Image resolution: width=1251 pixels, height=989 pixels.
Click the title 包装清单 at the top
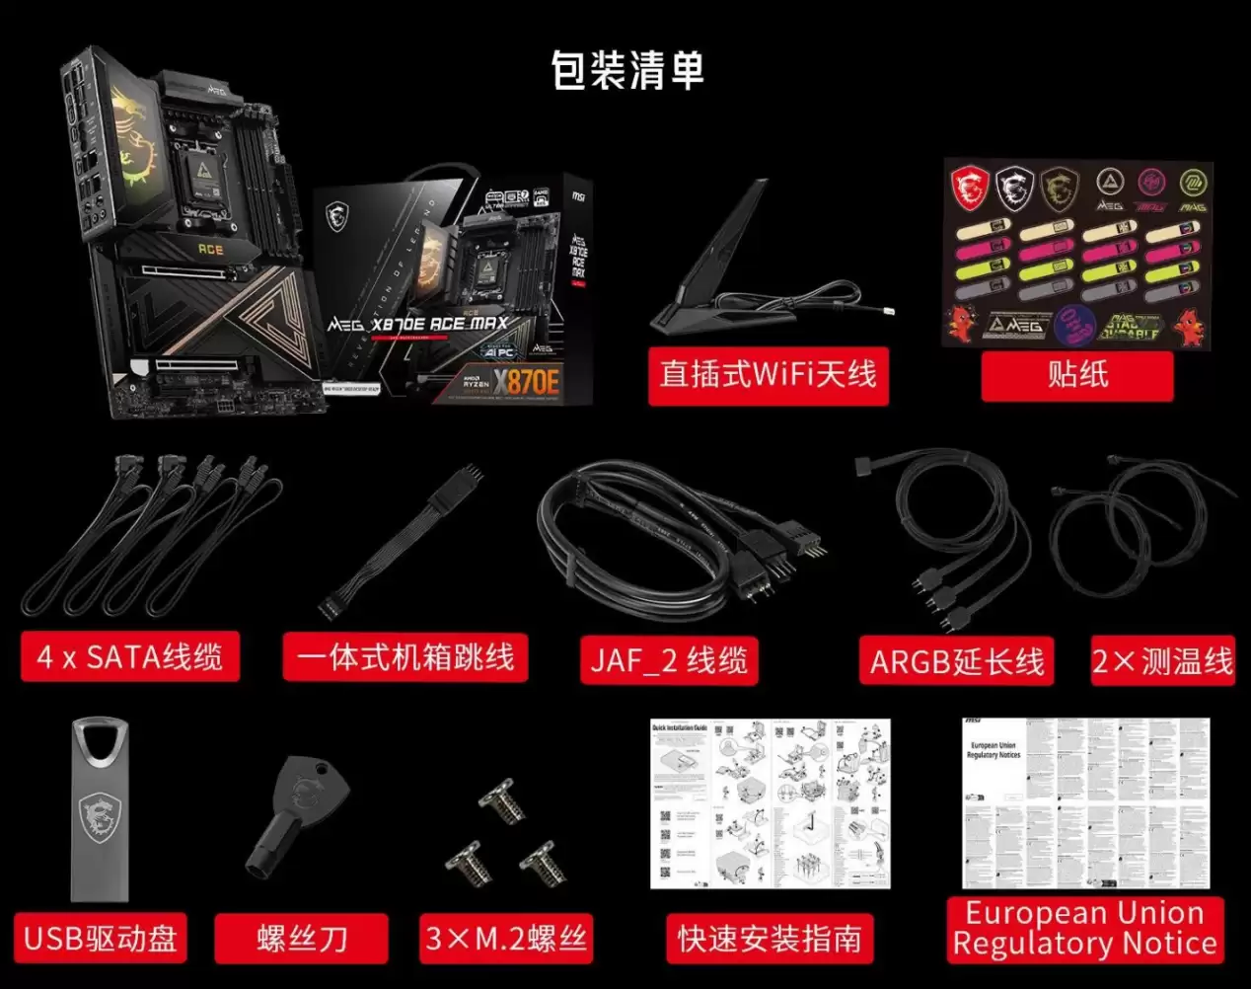tap(627, 71)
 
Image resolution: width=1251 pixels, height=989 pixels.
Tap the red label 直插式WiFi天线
tap(768, 375)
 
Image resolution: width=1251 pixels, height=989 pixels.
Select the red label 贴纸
tap(1077, 375)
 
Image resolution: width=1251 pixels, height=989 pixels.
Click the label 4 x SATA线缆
tap(130, 657)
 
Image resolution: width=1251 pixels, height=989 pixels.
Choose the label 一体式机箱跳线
tap(405, 657)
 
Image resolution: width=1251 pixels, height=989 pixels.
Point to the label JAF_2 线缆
tap(670, 660)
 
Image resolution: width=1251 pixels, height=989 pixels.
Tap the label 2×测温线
tap(1162, 660)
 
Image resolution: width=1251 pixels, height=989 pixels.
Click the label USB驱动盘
tap(101, 938)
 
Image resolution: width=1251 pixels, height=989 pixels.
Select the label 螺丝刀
tap(302, 938)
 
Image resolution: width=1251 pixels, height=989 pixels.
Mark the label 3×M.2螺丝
tap(506, 938)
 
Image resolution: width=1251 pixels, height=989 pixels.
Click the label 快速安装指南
tap(770, 939)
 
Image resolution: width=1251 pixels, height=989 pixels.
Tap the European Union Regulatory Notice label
tap(1084, 928)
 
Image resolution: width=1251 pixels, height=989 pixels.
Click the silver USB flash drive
tap(100, 809)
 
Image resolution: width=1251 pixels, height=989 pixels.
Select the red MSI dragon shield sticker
tap(970, 187)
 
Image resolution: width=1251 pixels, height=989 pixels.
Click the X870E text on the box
tap(527, 380)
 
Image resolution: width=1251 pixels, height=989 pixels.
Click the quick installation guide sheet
tap(770, 803)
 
